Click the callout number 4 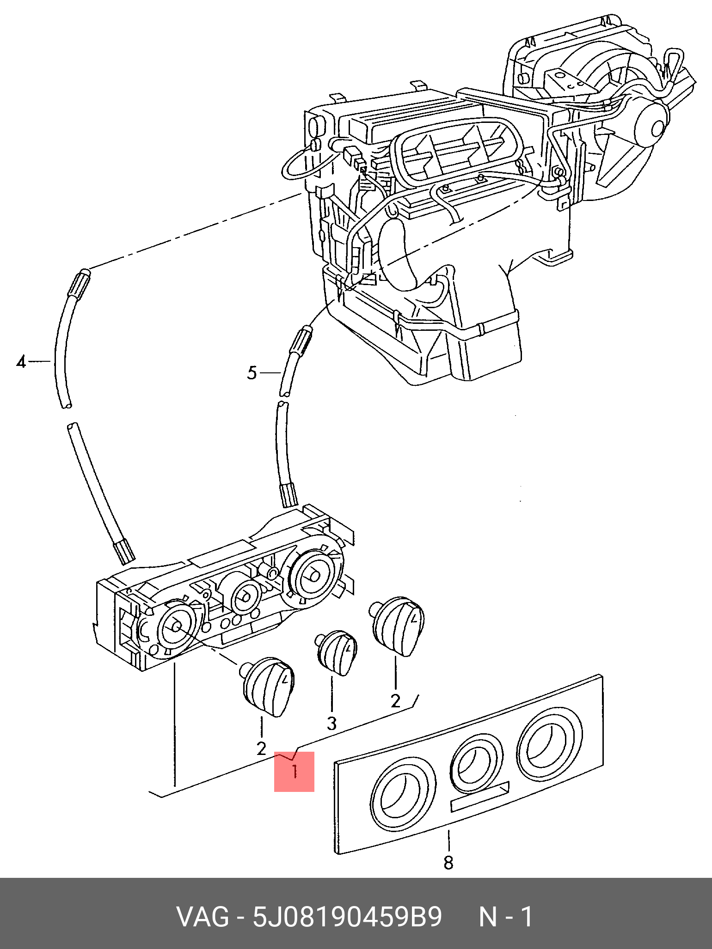pyautogui.click(x=21, y=361)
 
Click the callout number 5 pyautogui.click(x=252, y=372)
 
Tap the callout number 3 pyautogui.click(x=331, y=724)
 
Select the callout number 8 pyautogui.click(x=448, y=862)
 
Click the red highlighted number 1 pyautogui.click(x=294, y=772)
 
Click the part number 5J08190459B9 pyautogui.click(x=347, y=917)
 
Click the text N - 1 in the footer pyautogui.click(x=506, y=917)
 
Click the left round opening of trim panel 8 pyautogui.click(x=404, y=794)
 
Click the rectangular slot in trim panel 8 pyautogui.click(x=480, y=797)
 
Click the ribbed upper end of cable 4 pyautogui.click(x=80, y=283)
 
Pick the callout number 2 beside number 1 pyautogui.click(x=261, y=748)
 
